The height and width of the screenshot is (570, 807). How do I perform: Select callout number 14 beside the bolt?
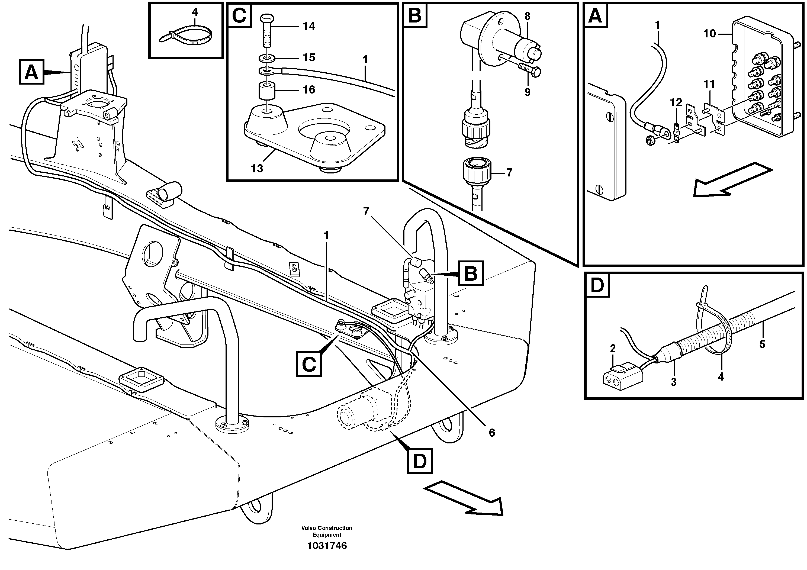click(309, 26)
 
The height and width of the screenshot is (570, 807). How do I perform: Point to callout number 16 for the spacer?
click(309, 90)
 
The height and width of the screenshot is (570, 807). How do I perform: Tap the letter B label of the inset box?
click(415, 16)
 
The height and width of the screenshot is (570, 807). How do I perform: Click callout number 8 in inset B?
click(527, 17)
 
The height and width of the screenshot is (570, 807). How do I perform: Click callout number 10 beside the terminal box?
click(710, 34)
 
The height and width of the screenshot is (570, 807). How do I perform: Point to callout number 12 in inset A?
click(676, 103)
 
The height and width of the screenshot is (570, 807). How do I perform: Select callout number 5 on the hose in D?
click(762, 344)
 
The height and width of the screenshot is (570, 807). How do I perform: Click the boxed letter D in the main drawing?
click(420, 461)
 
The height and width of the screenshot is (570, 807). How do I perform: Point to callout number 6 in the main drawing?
click(492, 433)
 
